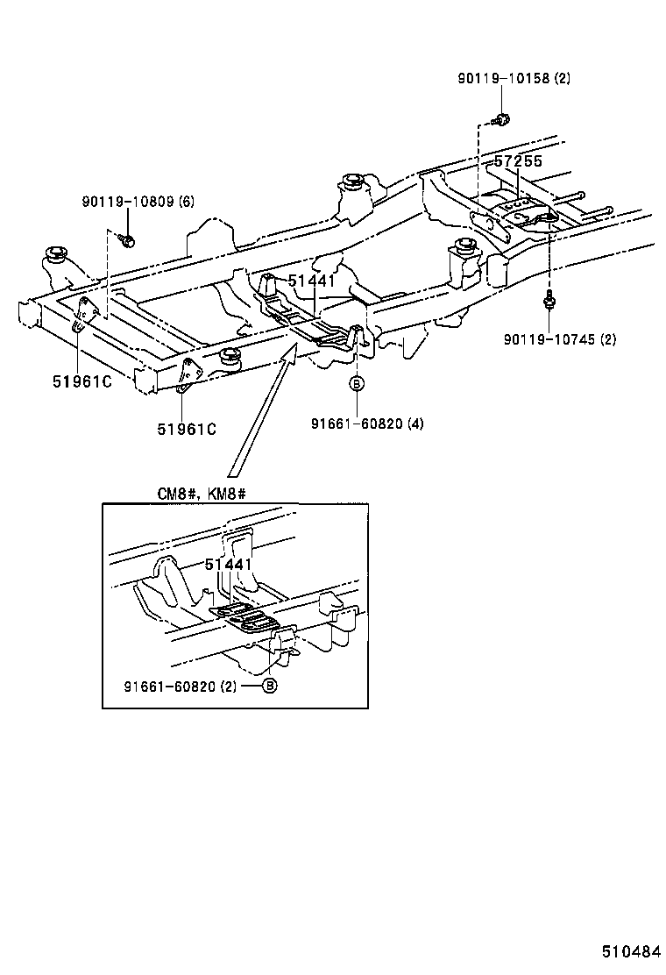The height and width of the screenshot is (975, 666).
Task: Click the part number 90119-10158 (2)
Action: [514, 78]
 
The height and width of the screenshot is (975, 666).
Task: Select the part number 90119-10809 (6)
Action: [138, 202]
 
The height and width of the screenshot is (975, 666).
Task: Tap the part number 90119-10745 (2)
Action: [560, 339]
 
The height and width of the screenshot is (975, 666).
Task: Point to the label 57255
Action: [518, 161]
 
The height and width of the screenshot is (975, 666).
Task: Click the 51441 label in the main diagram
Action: [313, 281]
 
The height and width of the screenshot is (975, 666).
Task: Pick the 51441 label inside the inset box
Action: [229, 566]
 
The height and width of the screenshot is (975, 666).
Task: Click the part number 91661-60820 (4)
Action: [367, 423]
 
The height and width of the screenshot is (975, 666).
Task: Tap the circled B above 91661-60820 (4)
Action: [357, 383]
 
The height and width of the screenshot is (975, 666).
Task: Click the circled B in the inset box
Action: [270, 686]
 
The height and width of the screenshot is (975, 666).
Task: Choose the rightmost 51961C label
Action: [187, 429]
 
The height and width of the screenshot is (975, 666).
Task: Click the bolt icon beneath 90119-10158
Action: [502, 118]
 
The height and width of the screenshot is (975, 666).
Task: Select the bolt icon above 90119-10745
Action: [549, 302]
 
